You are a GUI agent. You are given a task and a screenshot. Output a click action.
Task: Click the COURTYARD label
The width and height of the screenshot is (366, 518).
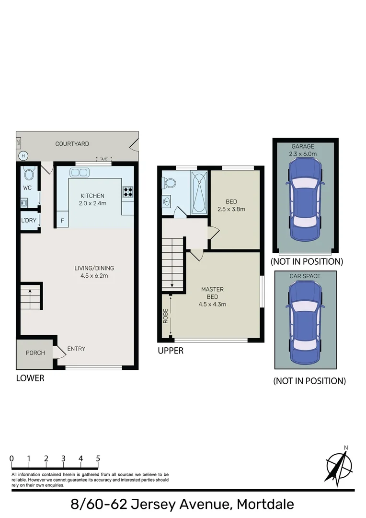pos(72,144)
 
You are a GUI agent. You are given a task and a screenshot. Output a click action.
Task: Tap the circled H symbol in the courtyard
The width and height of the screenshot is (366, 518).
pos(23,155)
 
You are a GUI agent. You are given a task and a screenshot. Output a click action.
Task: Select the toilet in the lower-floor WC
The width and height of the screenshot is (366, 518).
pos(28,173)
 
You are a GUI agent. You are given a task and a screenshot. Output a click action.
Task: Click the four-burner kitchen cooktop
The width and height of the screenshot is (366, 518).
pos(128,192)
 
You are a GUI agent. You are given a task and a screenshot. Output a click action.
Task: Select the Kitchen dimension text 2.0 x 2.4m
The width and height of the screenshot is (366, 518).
pos(93,203)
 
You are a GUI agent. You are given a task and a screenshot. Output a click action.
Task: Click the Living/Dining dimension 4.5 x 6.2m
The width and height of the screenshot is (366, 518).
pos(94,275)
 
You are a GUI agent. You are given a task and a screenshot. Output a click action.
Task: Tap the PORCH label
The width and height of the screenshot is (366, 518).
pos(35,353)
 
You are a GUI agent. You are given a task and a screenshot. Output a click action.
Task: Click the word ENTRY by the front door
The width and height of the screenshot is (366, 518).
pos(76,349)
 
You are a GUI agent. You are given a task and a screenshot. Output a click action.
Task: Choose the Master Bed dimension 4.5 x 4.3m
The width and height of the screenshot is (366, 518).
pos(212,304)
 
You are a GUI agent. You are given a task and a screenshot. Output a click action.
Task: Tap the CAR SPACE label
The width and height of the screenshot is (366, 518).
pos(305,276)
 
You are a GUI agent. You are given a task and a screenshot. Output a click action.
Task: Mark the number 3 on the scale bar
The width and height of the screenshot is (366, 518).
pos(63,459)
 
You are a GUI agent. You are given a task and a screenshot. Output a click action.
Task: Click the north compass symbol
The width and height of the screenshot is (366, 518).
pos(340,465)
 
